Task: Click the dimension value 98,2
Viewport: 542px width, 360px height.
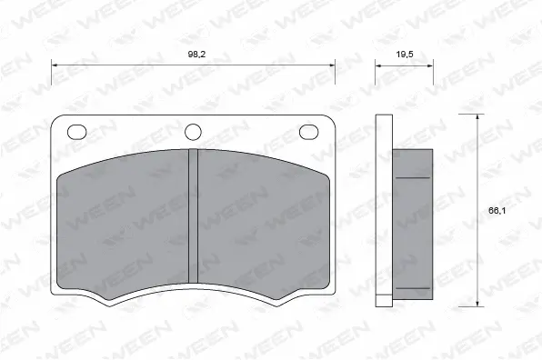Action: (196, 55)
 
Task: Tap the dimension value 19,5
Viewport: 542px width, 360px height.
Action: (404, 55)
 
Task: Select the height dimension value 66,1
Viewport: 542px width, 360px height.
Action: (492, 211)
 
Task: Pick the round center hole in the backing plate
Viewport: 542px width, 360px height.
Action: (193, 132)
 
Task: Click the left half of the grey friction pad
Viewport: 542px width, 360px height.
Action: (123, 227)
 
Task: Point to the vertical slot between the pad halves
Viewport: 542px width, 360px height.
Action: (193, 218)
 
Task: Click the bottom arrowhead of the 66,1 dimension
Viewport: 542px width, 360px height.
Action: (478, 304)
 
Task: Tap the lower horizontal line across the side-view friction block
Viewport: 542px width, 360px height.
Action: (412, 289)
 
